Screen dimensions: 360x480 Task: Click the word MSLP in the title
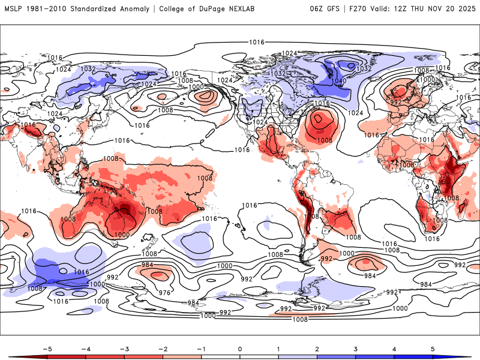coord(14,9)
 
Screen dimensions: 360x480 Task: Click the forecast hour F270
coord(358,9)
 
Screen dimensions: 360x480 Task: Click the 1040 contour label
coord(338,81)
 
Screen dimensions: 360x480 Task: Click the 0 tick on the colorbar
coord(240,348)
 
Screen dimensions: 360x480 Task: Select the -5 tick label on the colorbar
coord(46,348)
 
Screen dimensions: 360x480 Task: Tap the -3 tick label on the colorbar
coord(123,348)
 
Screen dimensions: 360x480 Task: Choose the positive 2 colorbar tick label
coord(317,348)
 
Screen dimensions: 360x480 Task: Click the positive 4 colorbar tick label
coord(395,348)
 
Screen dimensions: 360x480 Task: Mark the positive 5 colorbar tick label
coord(434,348)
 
